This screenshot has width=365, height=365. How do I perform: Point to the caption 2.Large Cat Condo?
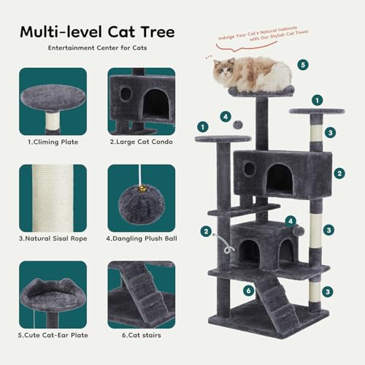coord(141,142)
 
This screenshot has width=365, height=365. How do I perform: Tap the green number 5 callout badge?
coord(303,64)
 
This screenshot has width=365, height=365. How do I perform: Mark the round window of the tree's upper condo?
coord(250,169)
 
